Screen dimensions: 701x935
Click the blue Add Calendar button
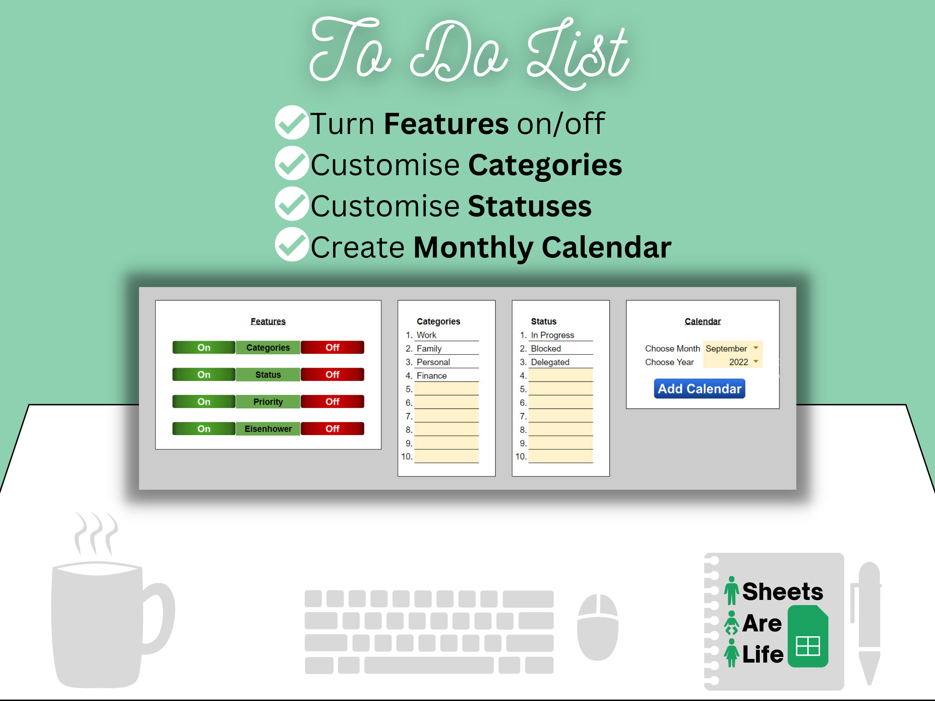699,388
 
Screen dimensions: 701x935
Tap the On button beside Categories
204,347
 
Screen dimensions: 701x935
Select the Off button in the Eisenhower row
332,429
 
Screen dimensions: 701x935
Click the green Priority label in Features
268,402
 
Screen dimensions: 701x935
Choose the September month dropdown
732,348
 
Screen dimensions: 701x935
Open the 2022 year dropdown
732,362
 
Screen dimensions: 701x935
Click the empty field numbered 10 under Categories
446,456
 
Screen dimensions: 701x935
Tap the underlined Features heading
268,321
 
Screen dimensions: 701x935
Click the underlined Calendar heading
703,321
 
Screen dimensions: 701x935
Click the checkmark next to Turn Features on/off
292,123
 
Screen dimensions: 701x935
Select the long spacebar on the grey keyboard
429,665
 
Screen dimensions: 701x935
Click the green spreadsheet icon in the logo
807,636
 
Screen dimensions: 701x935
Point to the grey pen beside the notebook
869,621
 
